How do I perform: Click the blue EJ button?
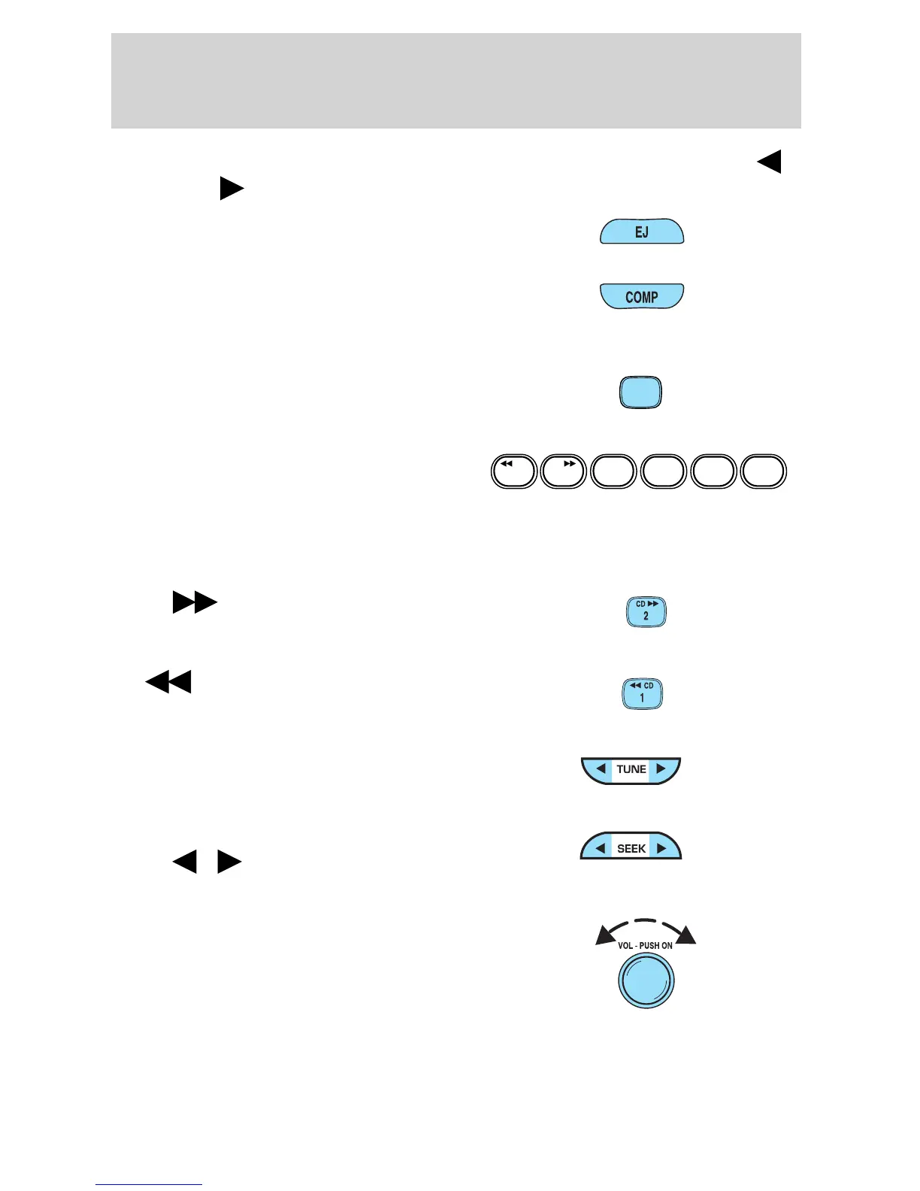(x=641, y=232)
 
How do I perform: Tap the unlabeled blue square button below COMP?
(x=640, y=392)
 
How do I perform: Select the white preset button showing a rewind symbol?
(x=514, y=472)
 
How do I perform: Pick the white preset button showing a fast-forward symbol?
(x=564, y=472)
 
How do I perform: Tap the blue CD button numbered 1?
(x=642, y=694)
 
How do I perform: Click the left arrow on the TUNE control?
(x=601, y=769)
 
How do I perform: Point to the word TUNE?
(x=631, y=769)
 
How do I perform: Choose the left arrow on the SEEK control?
(x=601, y=848)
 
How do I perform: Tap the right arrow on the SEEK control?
(x=661, y=848)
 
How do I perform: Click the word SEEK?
(x=631, y=848)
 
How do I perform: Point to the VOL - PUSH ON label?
(x=645, y=946)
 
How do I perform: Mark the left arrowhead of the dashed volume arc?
(x=604, y=935)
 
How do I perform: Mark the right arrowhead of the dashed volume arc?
(x=687, y=935)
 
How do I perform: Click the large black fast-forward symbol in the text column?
(x=195, y=603)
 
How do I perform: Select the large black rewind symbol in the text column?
(x=168, y=682)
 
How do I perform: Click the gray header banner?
(x=455, y=80)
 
